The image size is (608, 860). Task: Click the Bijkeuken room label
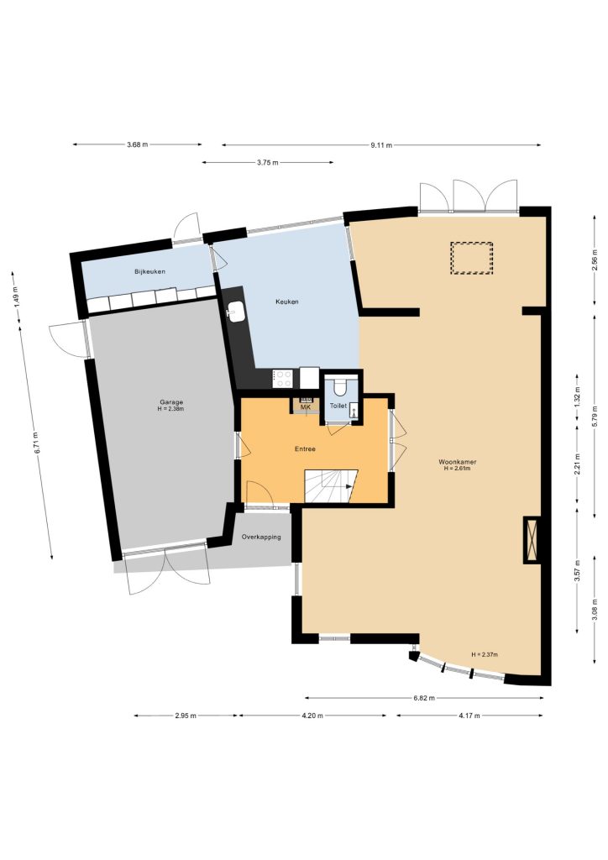(149, 271)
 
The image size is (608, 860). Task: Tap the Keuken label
(286, 302)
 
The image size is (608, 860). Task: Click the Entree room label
(305, 449)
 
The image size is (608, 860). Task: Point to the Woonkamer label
(457, 462)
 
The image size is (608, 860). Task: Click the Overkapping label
(261, 537)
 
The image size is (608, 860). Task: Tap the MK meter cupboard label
(306, 407)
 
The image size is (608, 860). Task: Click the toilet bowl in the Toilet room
(340, 387)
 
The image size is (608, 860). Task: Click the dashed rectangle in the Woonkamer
(471, 259)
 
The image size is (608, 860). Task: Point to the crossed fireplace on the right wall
(532, 540)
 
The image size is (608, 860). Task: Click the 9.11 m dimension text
(381, 145)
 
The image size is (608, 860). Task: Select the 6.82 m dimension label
(424, 698)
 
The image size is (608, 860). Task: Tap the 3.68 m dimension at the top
(137, 144)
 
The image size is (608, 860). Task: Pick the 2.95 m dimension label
(186, 716)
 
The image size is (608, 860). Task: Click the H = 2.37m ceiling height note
(485, 654)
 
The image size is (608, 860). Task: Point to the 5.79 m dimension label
(595, 415)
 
